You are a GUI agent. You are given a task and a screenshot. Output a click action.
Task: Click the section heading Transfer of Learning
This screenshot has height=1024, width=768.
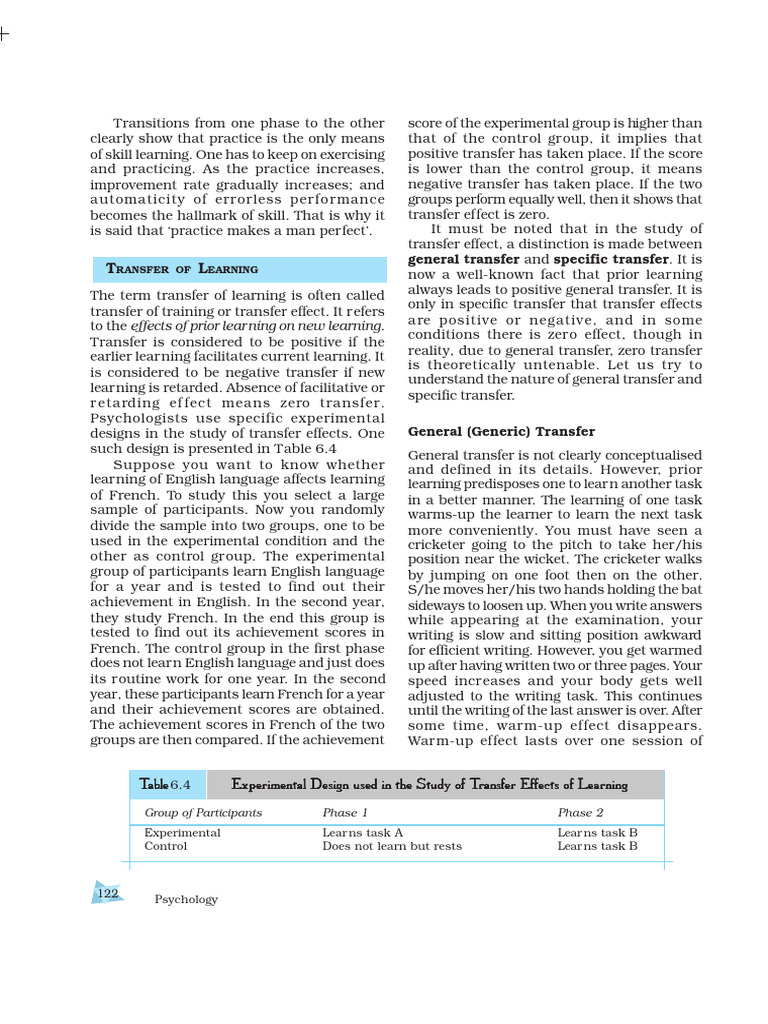(181, 269)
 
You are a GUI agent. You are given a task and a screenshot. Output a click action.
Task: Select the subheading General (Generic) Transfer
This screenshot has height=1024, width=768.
(501, 432)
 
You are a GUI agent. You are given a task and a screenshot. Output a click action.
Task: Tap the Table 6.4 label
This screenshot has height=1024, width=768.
(158, 785)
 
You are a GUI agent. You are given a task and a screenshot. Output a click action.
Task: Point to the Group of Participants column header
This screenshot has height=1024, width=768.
(203, 813)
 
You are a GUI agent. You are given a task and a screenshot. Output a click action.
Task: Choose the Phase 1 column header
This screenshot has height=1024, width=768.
(345, 813)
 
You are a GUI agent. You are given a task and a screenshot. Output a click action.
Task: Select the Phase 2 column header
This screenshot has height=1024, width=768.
(581, 813)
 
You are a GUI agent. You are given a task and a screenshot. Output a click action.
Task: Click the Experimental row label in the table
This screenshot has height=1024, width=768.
(182, 833)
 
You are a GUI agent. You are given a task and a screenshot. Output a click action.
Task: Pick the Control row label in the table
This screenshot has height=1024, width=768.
(165, 847)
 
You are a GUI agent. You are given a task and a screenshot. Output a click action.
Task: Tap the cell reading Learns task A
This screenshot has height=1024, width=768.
(362, 833)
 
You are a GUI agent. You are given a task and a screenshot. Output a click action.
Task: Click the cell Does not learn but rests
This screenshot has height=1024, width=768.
(392, 847)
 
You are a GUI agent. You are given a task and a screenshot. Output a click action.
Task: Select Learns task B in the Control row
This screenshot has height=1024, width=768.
(597, 847)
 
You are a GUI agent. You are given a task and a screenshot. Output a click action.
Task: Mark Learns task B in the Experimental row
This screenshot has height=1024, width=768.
(597, 833)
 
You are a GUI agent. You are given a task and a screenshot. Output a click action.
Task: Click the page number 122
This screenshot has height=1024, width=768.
(107, 893)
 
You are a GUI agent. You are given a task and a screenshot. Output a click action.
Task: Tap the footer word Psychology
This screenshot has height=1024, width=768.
(186, 900)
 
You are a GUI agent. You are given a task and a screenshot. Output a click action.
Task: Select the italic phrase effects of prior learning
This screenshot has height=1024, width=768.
(205, 326)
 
